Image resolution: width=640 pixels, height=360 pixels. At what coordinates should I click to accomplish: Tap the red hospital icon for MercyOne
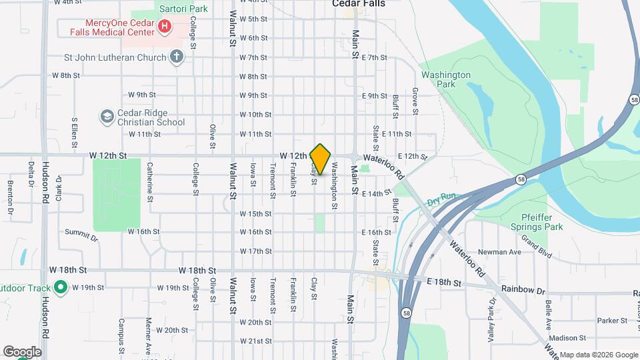point(164,27)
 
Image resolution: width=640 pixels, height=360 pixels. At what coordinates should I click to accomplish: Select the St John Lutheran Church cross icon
point(176,57)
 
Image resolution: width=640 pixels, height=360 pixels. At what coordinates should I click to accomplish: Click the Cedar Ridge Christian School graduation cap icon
point(107,117)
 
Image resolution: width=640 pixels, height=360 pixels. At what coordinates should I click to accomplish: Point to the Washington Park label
point(446,80)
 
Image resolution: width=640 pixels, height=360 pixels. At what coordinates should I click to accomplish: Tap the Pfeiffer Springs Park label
point(541,222)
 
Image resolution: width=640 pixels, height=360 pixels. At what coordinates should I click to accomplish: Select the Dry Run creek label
point(441,198)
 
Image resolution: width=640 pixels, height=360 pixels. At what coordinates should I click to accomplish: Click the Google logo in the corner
point(22,351)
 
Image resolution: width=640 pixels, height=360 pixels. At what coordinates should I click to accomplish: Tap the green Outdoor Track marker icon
point(60,288)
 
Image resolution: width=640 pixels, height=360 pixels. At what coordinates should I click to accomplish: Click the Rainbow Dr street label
point(524,291)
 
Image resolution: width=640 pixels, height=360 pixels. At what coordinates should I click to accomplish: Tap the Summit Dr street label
point(81,236)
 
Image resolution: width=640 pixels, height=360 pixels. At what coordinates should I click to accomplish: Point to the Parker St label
point(613,321)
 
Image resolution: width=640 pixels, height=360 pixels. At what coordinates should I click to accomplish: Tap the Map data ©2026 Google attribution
point(598,355)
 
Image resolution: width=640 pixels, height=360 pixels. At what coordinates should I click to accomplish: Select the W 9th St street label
point(141,95)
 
